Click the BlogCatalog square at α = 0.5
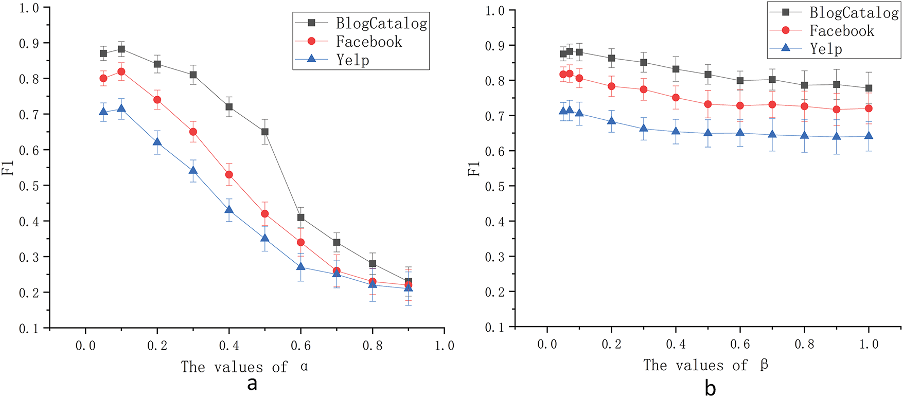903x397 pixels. pyautogui.click(x=265, y=132)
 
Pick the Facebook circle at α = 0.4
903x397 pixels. pyautogui.click(x=229, y=175)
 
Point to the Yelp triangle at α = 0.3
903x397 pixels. pyautogui.click(x=193, y=170)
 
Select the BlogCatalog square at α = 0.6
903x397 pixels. pyautogui.click(x=301, y=218)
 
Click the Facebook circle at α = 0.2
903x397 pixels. pyautogui.click(x=157, y=100)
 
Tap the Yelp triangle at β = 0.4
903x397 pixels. pyautogui.click(x=676, y=131)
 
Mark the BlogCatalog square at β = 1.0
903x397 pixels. pyautogui.click(x=869, y=88)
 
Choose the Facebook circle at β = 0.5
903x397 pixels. pyautogui.click(x=708, y=104)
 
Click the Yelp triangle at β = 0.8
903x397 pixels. pyautogui.click(x=805, y=136)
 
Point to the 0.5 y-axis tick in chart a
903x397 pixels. pyautogui.click(x=28, y=186)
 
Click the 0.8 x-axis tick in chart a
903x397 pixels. pyautogui.click(x=373, y=346)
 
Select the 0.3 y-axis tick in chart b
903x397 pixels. pyautogui.click(x=494, y=257)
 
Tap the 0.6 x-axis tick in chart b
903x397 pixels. pyautogui.click(x=740, y=345)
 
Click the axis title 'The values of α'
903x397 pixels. pyautogui.click(x=244, y=367)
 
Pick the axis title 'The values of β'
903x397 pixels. pyautogui.click(x=705, y=365)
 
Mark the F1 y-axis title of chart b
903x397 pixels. pyautogui.click(x=474, y=168)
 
